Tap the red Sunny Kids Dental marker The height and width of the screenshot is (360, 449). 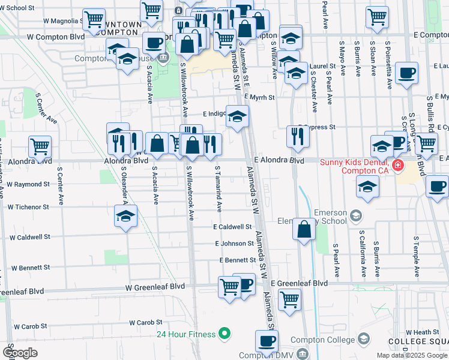click(397, 165)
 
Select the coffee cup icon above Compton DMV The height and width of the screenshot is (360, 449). click(267, 342)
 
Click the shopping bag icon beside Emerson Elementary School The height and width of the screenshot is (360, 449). click(304, 229)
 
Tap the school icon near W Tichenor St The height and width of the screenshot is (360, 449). click(126, 217)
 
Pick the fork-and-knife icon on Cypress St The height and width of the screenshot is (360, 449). click(298, 137)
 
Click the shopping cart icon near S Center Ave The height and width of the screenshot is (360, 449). click(40, 147)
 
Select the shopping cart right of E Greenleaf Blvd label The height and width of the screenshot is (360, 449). click(290, 299)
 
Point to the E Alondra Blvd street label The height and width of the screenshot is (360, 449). click(279, 160)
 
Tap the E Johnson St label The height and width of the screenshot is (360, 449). click(234, 244)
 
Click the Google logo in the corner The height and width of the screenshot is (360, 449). click(20, 353)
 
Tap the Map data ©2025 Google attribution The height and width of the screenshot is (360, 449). click(411, 355)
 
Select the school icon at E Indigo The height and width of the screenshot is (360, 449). click(238, 116)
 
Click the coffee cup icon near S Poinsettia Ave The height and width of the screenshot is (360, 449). click(407, 73)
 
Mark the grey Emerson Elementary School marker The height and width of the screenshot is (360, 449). click(356, 215)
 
